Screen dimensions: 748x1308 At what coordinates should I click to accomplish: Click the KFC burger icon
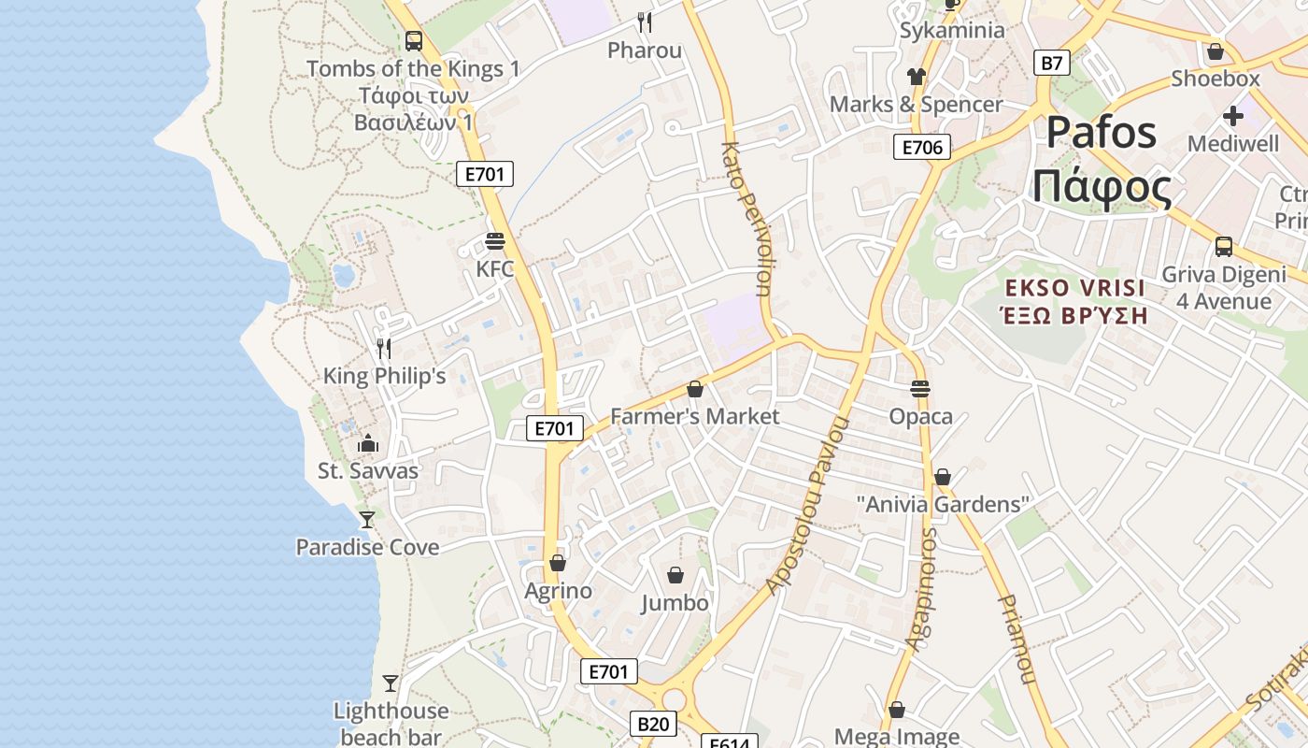(x=495, y=241)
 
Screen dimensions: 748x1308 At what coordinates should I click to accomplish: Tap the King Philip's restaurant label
(x=384, y=376)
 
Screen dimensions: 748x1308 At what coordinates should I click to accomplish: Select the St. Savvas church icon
(x=368, y=443)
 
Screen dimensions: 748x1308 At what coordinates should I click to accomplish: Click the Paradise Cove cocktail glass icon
(x=367, y=519)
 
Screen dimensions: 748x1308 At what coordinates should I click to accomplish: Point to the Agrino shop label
(x=558, y=591)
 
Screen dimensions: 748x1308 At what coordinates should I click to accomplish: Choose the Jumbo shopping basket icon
(x=675, y=575)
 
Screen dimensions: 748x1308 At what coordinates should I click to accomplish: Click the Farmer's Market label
(x=694, y=416)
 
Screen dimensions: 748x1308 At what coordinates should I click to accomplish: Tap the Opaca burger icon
(x=920, y=388)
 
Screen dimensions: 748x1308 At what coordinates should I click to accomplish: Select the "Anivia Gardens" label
(x=943, y=505)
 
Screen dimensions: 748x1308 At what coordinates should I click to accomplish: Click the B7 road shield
(x=1052, y=64)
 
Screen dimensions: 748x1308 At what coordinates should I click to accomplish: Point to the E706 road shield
(x=921, y=147)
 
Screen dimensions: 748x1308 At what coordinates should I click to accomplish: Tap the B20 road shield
(x=653, y=723)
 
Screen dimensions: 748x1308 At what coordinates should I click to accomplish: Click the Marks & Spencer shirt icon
(x=916, y=77)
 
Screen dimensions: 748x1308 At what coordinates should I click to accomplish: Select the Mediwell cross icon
(x=1233, y=117)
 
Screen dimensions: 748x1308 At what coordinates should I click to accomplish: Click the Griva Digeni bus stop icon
(x=1223, y=247)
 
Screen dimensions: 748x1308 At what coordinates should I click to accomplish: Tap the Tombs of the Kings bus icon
(x=414, y=41)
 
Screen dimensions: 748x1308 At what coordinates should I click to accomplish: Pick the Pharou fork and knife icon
(x=645, y=22)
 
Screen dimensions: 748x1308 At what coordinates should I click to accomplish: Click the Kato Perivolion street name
(x=747, y=220)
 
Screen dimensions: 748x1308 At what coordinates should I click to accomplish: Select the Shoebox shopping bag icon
(x=1216, y=51)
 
